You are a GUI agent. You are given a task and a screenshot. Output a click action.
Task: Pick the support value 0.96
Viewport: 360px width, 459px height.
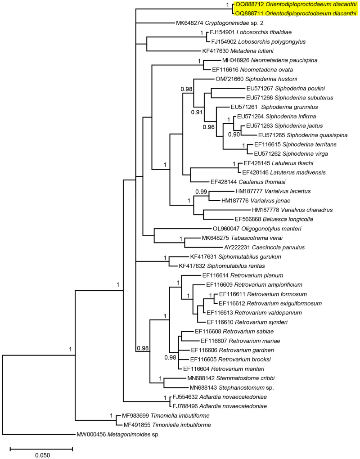[x=209, y=127]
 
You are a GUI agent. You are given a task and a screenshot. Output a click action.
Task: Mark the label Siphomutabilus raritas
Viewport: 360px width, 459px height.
[x=230, y=266]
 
